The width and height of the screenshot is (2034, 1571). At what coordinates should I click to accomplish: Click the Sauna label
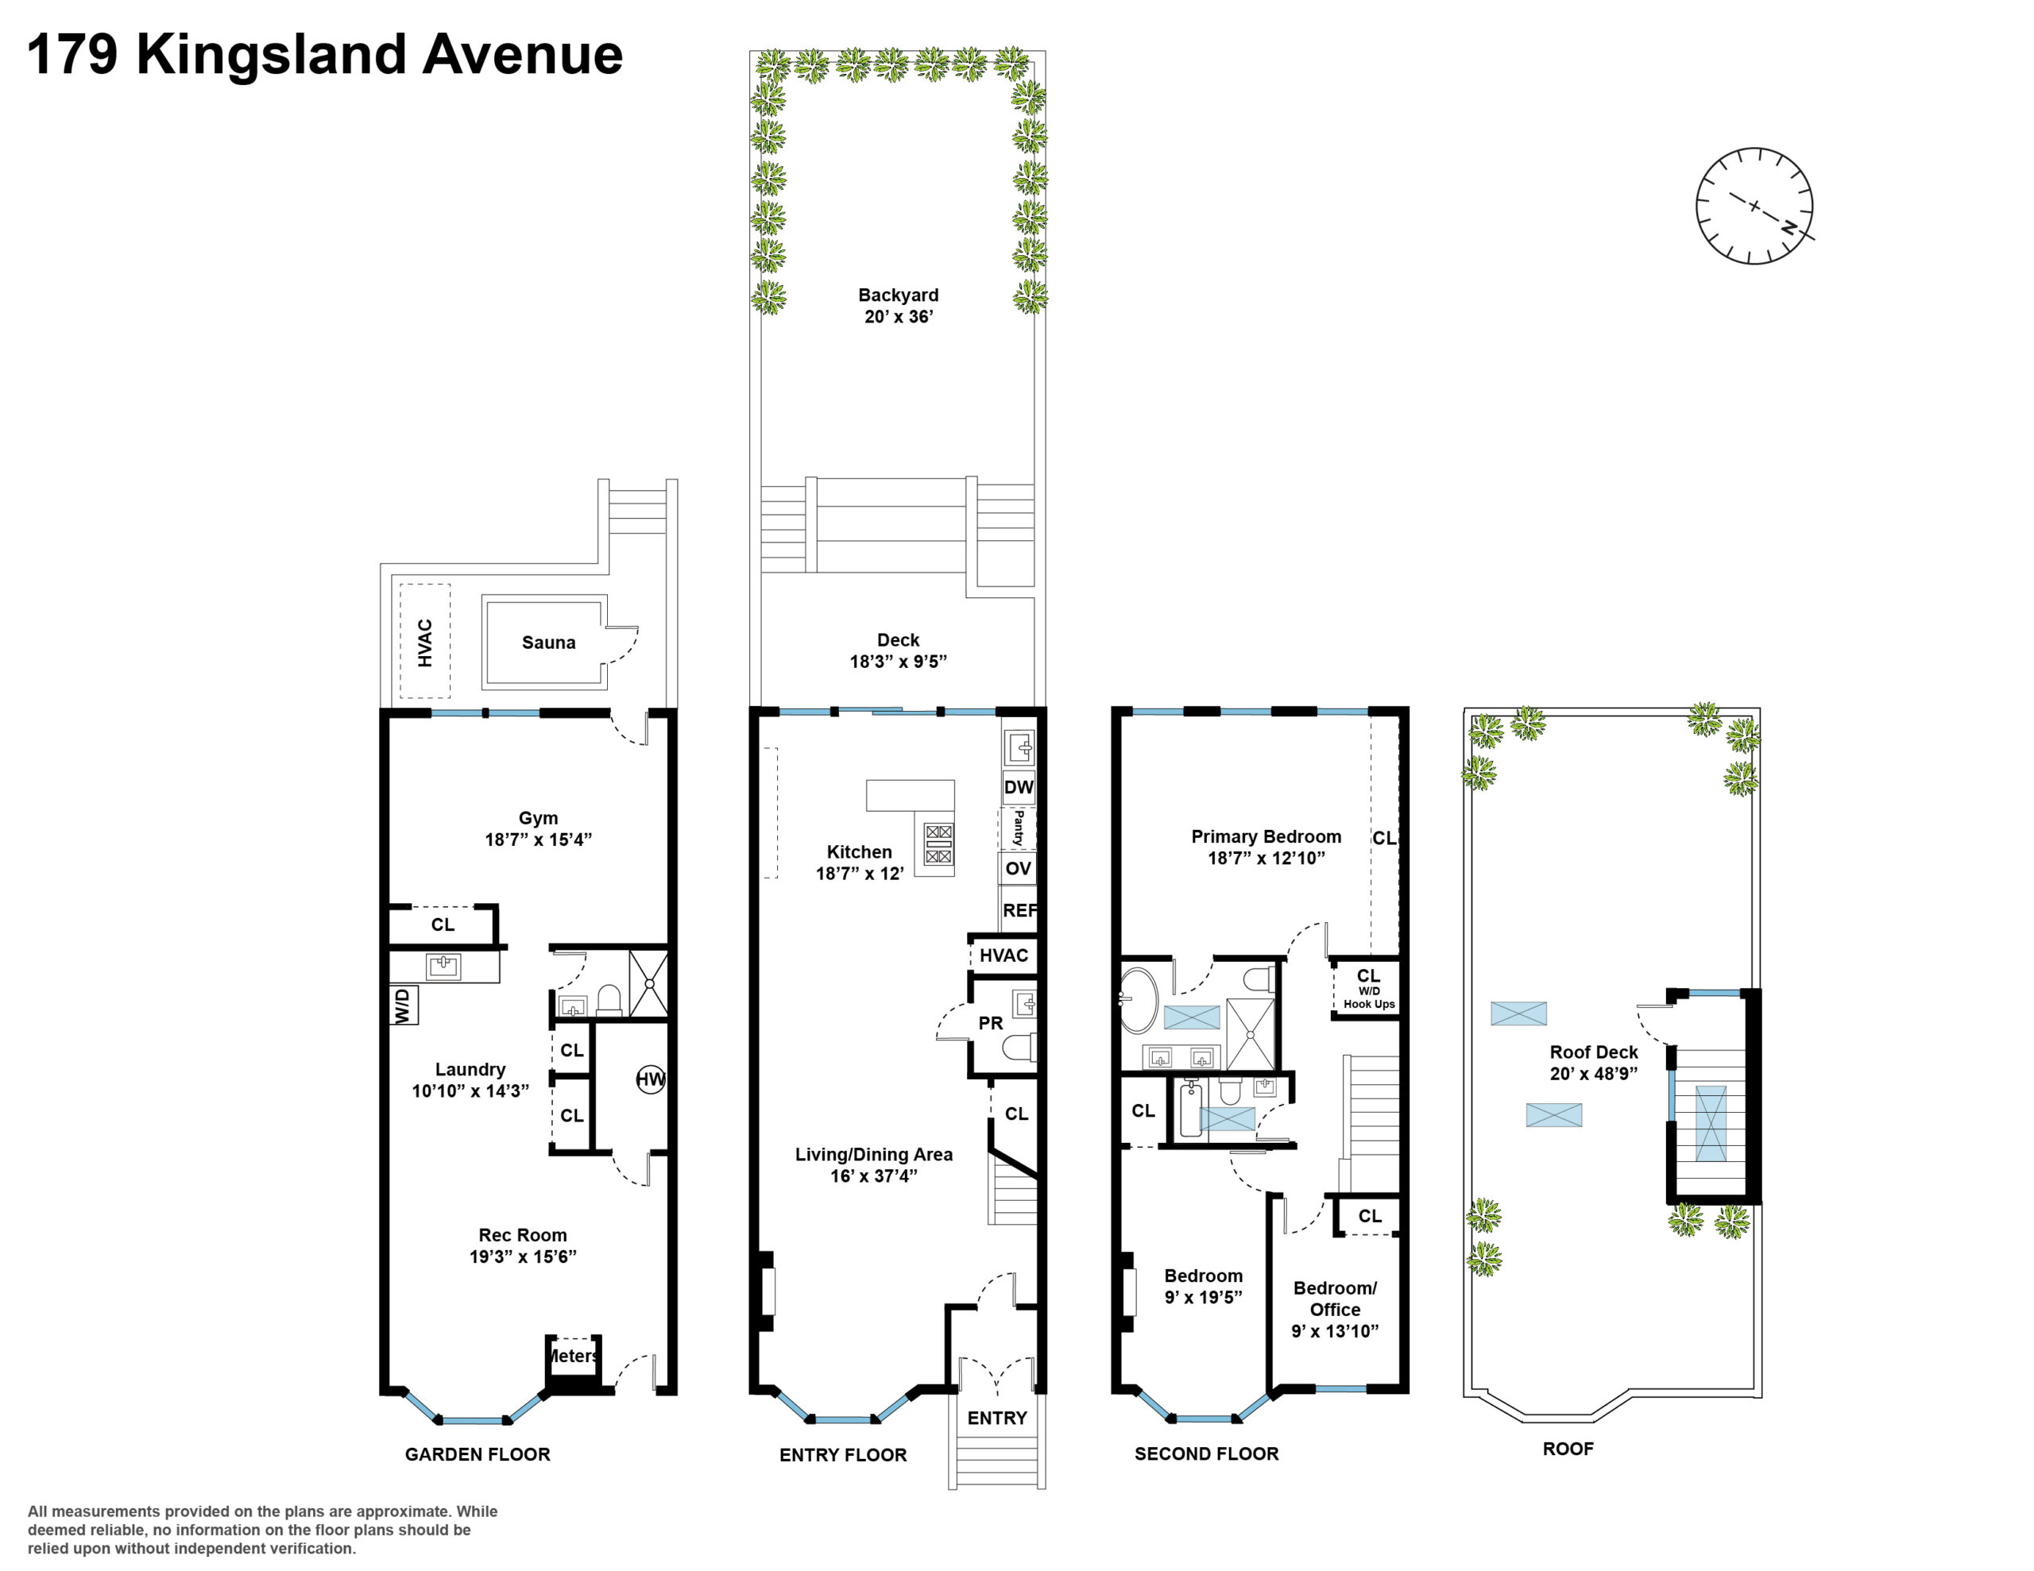pos(547,642)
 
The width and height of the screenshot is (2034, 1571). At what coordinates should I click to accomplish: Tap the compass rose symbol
pos(1754,206)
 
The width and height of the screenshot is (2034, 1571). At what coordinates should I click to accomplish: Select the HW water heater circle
pos(650,1079)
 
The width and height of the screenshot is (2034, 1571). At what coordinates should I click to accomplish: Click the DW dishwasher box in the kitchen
pos(1018,787)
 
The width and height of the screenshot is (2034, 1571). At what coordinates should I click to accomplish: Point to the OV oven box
pos(1018,869)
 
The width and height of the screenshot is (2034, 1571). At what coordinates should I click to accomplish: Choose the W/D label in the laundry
pos(402,1006)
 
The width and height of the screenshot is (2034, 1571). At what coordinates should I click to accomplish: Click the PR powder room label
pos(990,1024)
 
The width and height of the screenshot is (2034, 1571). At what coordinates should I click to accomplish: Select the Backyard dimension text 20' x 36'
pos(898,317)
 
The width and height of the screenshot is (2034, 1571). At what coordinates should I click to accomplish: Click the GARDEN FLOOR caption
pos(477,1453)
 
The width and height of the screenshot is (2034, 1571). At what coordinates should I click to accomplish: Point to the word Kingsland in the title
pos(271,54)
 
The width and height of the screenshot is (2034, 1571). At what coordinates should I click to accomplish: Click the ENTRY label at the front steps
pos(996,1418)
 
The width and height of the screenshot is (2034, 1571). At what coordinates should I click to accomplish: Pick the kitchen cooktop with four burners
pos(938,843)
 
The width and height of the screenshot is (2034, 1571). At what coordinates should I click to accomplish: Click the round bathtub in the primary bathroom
pos(1137,1001)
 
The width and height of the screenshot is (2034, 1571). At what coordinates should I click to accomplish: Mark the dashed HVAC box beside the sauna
pos(425,641)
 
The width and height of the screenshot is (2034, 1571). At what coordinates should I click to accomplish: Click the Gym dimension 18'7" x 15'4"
pos(539,839)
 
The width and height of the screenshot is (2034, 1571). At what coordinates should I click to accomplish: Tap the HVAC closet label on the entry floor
pos(1003,955)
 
